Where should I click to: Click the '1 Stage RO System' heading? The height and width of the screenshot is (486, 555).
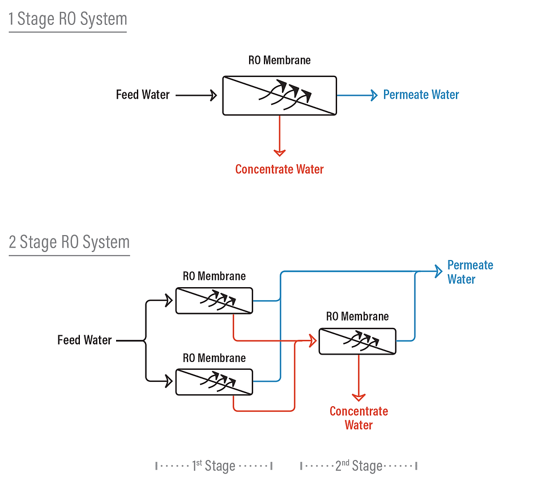click(67, 19)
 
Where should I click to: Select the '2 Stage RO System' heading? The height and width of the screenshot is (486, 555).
click(69, 242)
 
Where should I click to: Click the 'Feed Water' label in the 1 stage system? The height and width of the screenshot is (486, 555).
click(143, 95)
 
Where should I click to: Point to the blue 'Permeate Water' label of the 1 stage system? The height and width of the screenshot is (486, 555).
click(421, 95)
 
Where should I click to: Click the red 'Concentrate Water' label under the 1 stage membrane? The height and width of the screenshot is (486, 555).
click(279, 169)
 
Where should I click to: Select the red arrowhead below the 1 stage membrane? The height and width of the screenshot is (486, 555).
click(279, 152)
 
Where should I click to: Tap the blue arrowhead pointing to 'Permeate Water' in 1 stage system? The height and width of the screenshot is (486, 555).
click(374, 95)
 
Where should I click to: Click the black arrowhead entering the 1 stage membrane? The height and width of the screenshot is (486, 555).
click(213, 95)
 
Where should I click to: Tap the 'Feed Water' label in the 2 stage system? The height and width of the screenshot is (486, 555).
click(84, 340)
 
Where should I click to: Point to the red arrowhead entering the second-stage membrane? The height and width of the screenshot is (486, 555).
click(313, 341)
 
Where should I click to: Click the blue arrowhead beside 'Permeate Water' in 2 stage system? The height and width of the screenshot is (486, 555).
click(438, 271)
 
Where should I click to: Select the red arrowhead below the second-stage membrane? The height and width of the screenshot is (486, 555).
click(358, 398)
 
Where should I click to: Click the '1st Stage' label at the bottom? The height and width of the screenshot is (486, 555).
click(214, 466)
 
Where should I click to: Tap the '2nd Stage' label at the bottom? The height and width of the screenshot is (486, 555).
click(358, 466)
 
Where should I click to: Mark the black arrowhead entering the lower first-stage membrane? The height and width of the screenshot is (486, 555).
click(169, 381)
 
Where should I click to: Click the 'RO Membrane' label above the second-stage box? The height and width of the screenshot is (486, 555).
click(357, 317)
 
